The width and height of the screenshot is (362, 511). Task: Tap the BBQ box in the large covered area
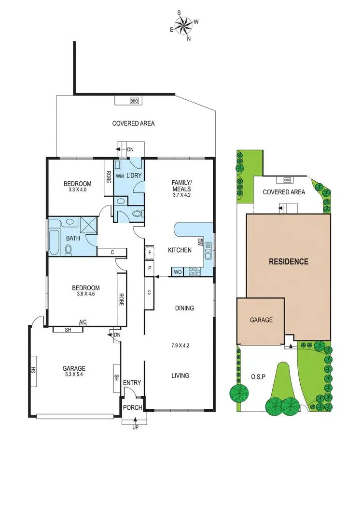pyautogui.click(x=134, y=101)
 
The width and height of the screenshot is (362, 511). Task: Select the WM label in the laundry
pyautogui.click(x=119, y=176)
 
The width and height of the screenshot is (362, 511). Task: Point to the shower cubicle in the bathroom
pyautogui.click(x=88, y=225)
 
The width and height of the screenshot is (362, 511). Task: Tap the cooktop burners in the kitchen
pyautogui.click(x=195, y=271)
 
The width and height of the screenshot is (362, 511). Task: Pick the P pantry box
pyautogui.click(x=150, y=268)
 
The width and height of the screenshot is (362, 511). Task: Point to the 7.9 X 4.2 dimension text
pyautogui.click(x=181, y=345)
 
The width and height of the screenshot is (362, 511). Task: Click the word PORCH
pyautogui.click(x=133, y=407)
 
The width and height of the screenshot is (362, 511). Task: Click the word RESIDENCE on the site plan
pyautogui.click(x=289, y=262)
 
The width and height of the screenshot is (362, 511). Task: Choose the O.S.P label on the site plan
pyautogui.click(x=258, y=376)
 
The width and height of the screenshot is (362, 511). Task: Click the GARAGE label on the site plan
pyautogui.click(x=261, y=320)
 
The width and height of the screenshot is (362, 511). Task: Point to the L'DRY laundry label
pyautogui.click(x=134, y=175)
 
